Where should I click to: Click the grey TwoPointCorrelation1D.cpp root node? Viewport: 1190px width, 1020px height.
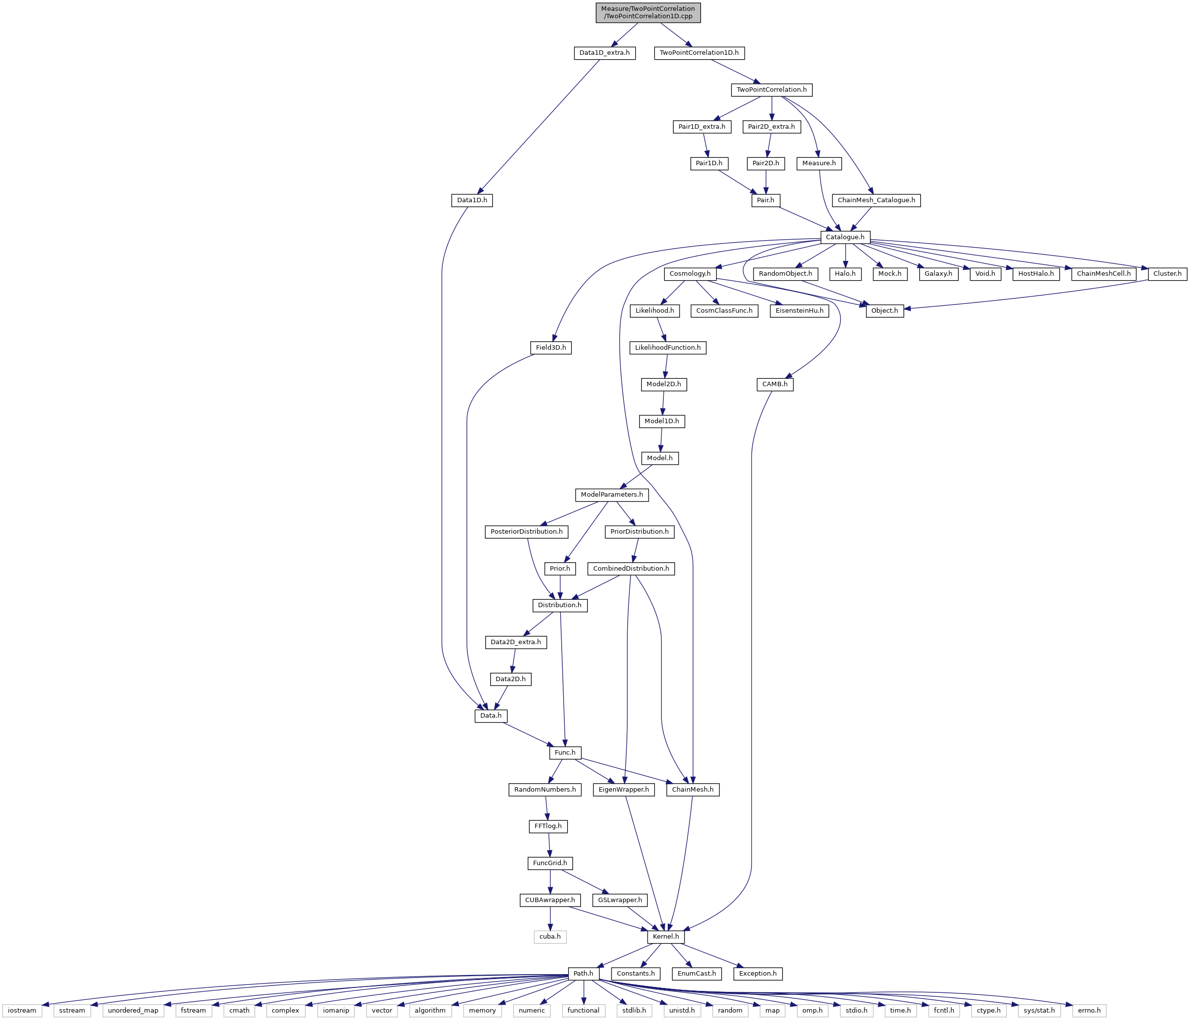(x=648, y=12)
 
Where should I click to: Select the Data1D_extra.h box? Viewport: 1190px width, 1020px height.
(x=604, y=53)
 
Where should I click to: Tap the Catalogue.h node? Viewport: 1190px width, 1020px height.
(x=845, y=237)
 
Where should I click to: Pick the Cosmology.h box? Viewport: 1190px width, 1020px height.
(x=690, y=274)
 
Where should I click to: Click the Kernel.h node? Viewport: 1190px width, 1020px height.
(x=666, y=937)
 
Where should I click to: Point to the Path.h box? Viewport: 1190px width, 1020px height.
(x=583, y=974)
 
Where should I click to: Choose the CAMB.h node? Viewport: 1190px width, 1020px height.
(x=775, y=384)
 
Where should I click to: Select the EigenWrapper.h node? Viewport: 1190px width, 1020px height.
(x=624, y=790)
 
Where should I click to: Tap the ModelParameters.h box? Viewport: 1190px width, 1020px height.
(x=612, y=495)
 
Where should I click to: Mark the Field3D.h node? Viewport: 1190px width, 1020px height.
(x=551, y=347)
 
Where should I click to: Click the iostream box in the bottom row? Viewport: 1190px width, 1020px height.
(x=22, y=1010)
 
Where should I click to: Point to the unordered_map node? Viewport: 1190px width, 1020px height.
(x=133, y=1010)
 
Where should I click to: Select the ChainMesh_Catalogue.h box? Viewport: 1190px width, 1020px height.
(x=876, y=200)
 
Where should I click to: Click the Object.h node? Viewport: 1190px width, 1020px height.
(x=884, y=311)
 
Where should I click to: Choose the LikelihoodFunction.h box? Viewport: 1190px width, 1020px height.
(x=667, y=347)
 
